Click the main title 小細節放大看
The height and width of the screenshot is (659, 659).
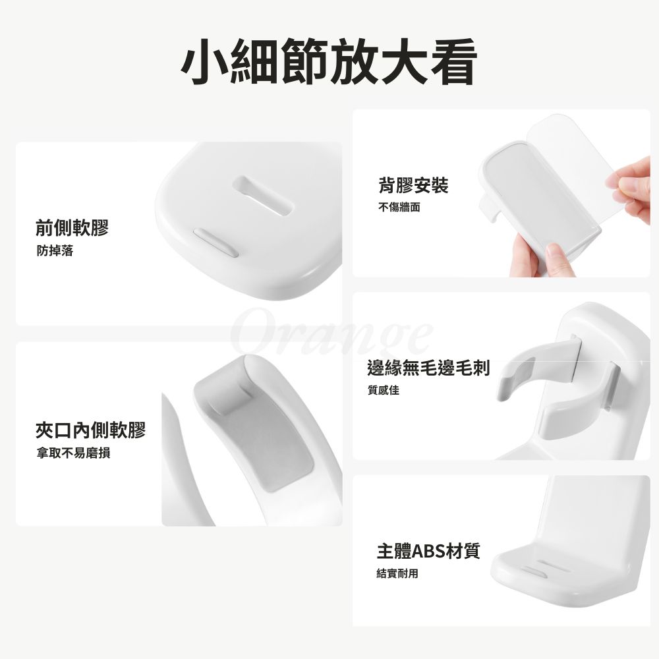(329, 61)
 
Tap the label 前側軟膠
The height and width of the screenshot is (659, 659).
(72, 227)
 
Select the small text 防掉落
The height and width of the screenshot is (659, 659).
(55, 251)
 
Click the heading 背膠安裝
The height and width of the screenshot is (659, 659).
(413, 185)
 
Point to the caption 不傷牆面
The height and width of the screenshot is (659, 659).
(399, 207)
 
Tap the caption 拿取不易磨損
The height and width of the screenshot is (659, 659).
(73, 453)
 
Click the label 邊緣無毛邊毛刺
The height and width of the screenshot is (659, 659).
(428, 368)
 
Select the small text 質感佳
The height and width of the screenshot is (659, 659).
(384, 390)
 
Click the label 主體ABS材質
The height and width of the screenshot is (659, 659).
(428, 551)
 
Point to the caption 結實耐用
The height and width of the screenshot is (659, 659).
(397, 573)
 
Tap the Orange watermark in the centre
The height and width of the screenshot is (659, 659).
(332, 336)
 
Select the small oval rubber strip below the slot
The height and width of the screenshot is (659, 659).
(216, 243)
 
